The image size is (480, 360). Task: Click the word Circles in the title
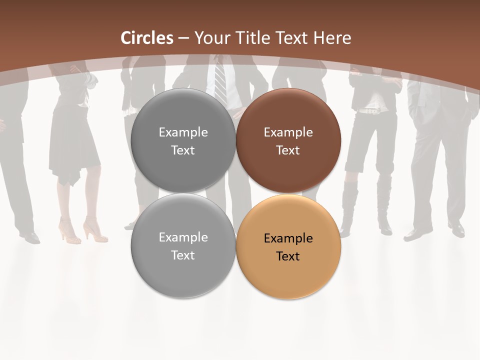[x=147, y=38]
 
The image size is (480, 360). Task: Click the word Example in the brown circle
[x=288, y=132]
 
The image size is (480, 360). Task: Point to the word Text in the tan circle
[x=288, y=256]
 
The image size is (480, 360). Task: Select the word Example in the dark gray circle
[x=183, y=132]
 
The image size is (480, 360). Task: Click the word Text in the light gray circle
[x=183, y=255]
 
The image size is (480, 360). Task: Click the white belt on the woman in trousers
[x=370, y=111]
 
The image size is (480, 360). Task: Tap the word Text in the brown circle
[x=288, y=150]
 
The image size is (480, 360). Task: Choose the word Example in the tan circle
[x=288, y=238]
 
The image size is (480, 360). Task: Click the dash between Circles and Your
[x=183, y=38]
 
